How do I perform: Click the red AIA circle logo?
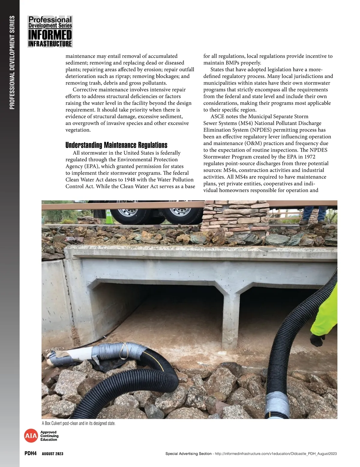31,436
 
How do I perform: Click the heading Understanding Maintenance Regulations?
116,145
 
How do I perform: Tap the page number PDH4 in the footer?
30,454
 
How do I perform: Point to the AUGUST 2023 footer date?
52,454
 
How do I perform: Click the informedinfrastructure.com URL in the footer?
276,454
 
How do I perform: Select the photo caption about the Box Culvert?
79,423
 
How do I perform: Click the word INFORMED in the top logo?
50,35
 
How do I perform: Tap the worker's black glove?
317,340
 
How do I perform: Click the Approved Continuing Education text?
49,436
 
